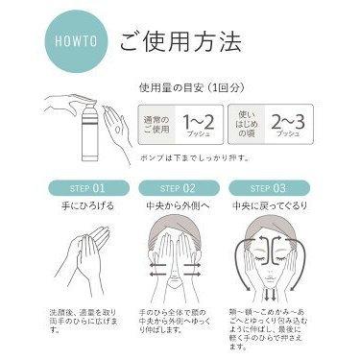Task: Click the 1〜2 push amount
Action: (197, 122)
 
